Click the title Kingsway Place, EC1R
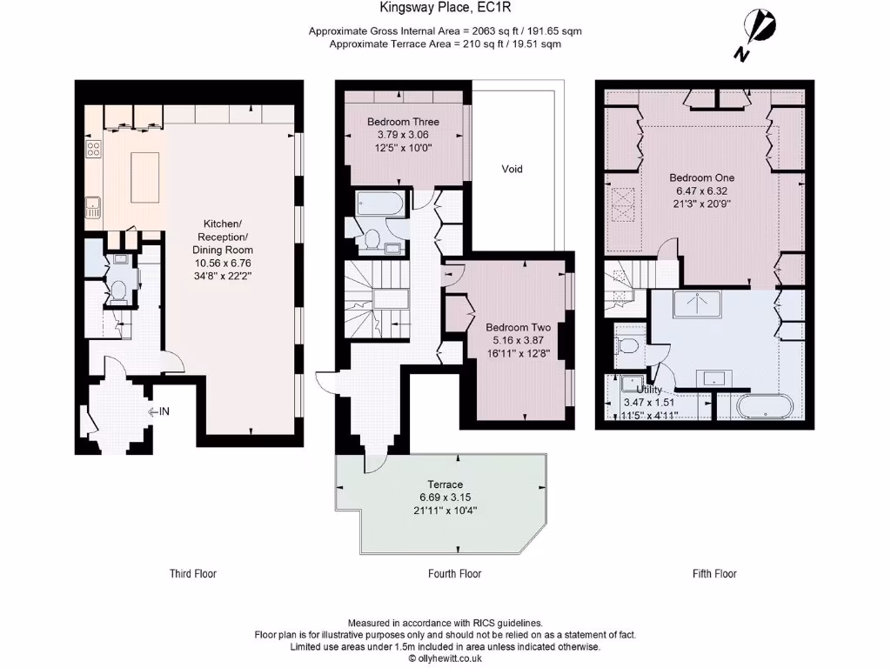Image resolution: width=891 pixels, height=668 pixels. pos(445,10)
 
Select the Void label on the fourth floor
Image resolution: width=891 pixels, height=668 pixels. pos(512,169)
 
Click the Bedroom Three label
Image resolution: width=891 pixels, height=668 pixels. pos(403,122)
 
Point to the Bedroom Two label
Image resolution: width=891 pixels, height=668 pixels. pos(519,327)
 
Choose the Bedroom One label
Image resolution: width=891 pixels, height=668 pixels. pos(701,177)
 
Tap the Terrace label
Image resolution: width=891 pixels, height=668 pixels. pos(445,484)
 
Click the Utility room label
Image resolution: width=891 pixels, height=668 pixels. pos(649,391)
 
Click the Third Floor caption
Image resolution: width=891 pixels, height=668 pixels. pos(192,574)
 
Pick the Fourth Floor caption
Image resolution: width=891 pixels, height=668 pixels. pos(454,574)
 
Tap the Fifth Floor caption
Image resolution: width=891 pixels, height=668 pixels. pos(714,574)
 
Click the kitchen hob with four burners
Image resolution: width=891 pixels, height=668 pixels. pos(93,149)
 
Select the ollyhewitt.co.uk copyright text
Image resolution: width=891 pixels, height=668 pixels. pos(445,658)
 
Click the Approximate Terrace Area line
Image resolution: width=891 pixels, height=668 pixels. pos(445,43)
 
